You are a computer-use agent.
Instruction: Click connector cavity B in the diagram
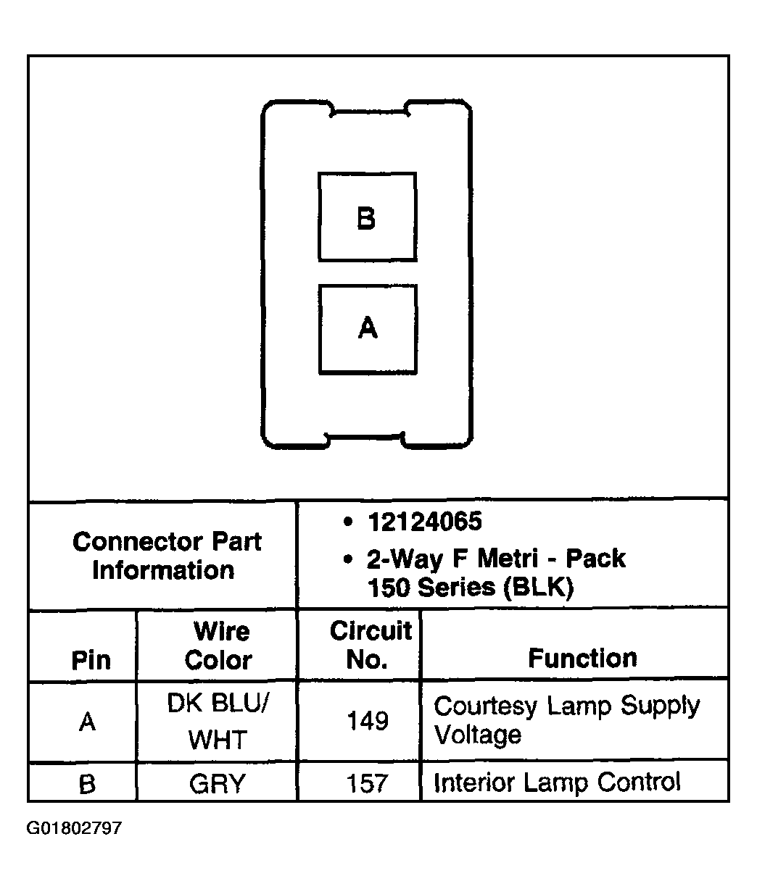coord(367,217)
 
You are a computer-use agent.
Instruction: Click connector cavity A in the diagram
coord(368,329)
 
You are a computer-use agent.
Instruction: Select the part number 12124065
coord(424,522)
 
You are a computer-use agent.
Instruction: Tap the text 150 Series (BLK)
coord(471,588)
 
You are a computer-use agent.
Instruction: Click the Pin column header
coord(91,660)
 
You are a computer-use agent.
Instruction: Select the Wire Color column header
coord(218,646)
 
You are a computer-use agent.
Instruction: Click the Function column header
coord(582,658)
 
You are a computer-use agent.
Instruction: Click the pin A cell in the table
coord(87,722)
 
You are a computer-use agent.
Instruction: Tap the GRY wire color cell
coord(218,784)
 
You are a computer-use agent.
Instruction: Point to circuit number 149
coord(368,721)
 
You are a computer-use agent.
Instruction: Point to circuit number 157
coord(368,784)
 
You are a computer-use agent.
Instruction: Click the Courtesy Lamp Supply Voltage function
coord(566,719)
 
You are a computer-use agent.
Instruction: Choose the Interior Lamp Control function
coord(557,782)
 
